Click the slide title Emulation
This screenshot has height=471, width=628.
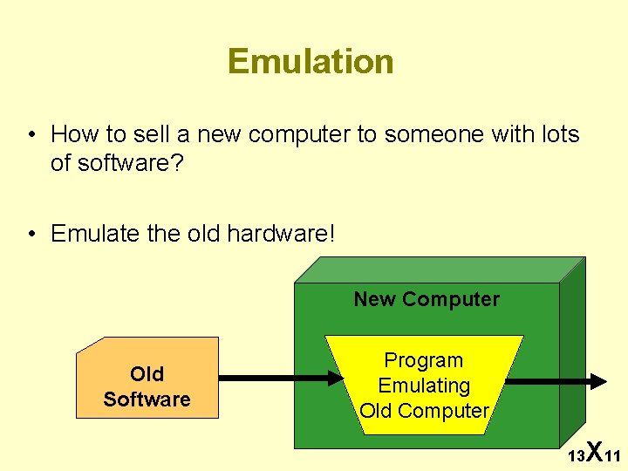point(311,62)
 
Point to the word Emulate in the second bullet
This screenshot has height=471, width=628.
point(90,234)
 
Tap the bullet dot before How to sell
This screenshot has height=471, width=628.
point(31,135)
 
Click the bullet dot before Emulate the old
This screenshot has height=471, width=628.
point(31,235)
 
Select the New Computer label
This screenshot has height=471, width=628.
point(427,299)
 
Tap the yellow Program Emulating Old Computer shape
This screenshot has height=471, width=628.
point(425,385)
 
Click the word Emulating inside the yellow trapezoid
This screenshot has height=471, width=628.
point(424,386)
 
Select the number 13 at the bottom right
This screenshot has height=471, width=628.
point(576,456)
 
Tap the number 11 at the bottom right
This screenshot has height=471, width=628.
point(612,456)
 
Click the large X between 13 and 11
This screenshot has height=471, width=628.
point(594,451)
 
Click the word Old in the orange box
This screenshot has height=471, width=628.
point(147,374)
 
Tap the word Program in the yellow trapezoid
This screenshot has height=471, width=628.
point(424,360)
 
